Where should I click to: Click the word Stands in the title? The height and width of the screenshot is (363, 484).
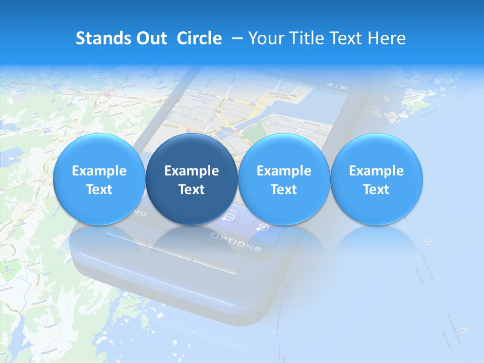tap(100, 38)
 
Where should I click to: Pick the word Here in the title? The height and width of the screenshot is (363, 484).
tap(387, 38)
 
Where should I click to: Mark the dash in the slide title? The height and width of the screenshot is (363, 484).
tap(235, 38)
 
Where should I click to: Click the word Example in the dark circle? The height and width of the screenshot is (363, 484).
tap(192, 171)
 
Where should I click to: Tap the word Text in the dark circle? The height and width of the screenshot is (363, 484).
tap(192, 190)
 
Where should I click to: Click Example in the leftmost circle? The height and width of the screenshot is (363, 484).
tap(99, 171)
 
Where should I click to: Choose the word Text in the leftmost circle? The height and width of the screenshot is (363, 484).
tap(99, 190)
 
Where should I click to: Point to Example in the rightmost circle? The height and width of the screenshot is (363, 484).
tap(376, 171)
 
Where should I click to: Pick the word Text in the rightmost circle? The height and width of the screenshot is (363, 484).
tap(376, 190)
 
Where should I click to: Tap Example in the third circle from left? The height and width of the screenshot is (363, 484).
tap(284, 171)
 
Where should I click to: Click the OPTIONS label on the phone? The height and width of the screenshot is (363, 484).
tap(235, 242)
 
